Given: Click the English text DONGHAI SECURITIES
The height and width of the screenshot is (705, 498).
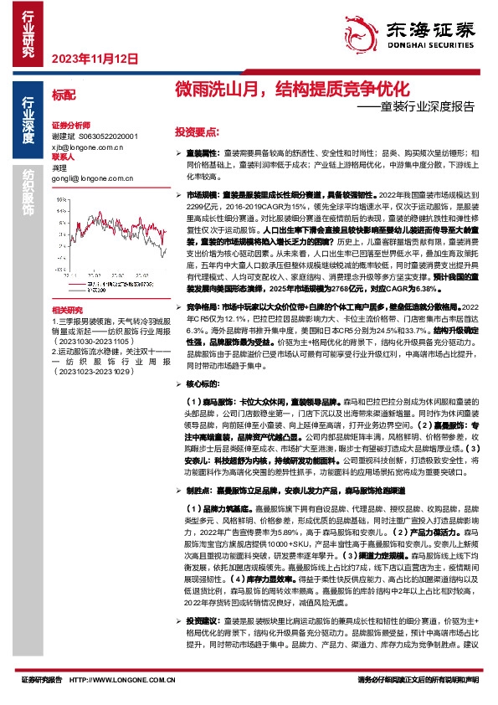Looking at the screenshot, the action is (x=429, y=49).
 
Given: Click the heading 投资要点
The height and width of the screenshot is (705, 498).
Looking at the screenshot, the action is (x=197, y=132).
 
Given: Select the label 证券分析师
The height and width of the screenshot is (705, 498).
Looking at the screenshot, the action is (x=69, y=122).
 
